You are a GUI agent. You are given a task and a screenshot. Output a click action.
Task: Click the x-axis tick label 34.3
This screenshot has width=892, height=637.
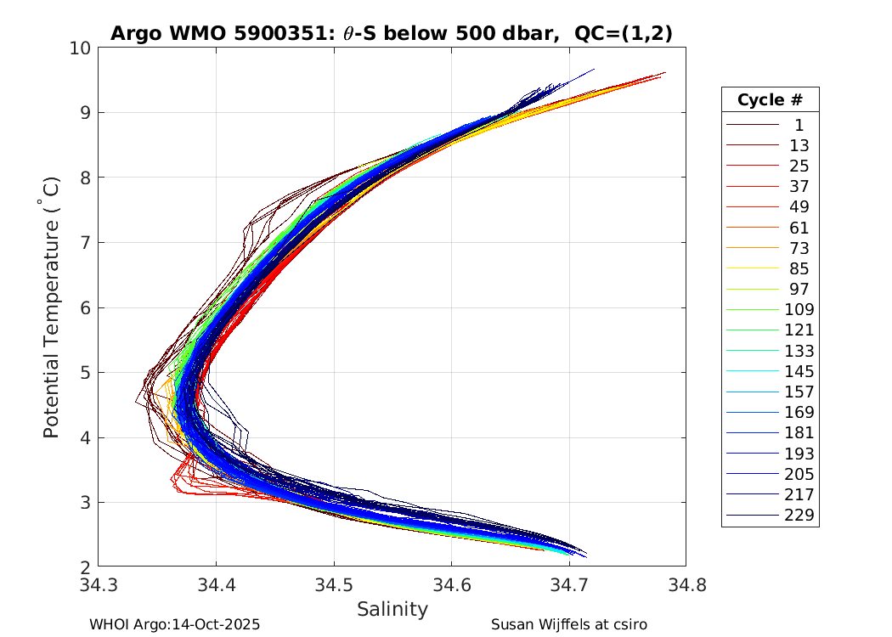point(98,584)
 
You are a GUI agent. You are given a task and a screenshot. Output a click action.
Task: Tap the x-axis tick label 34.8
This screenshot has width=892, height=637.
point(686,584)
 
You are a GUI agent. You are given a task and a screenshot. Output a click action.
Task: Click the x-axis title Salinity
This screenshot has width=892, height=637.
point(392,609)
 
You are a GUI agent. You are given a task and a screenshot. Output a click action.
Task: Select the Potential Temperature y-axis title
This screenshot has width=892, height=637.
point(51,307)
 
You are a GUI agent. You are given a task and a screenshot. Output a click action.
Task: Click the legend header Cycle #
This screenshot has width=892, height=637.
point(770,100)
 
